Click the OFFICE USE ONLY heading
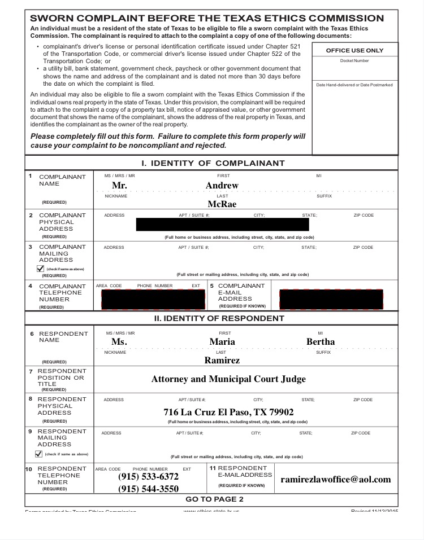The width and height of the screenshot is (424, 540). pos(354,51)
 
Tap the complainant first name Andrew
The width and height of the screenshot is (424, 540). pos(222,186)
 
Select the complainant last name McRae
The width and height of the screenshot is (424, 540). pos(222,204)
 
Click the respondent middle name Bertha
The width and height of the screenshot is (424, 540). pos(321,342)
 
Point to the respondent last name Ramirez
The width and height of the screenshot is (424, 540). pos(222,360)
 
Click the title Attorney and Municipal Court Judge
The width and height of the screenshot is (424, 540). pos(228,379)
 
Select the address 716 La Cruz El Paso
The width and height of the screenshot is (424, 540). pos(228,412)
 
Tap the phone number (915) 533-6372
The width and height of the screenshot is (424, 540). pos(148,477)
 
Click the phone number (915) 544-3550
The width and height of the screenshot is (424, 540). pos(148,489)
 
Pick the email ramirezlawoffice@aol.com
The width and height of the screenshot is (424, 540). pos(336,480)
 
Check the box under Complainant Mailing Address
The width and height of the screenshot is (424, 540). pos(40,269)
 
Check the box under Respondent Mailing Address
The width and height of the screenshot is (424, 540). pos(38,454)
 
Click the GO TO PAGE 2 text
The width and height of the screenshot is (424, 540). pos(214,499)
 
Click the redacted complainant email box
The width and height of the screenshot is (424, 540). pos(331,299)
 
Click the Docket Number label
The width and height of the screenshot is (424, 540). pos(354,61)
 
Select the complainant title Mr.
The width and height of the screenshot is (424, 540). pos(119,186)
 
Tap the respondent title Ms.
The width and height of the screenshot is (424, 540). pos(119,342)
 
